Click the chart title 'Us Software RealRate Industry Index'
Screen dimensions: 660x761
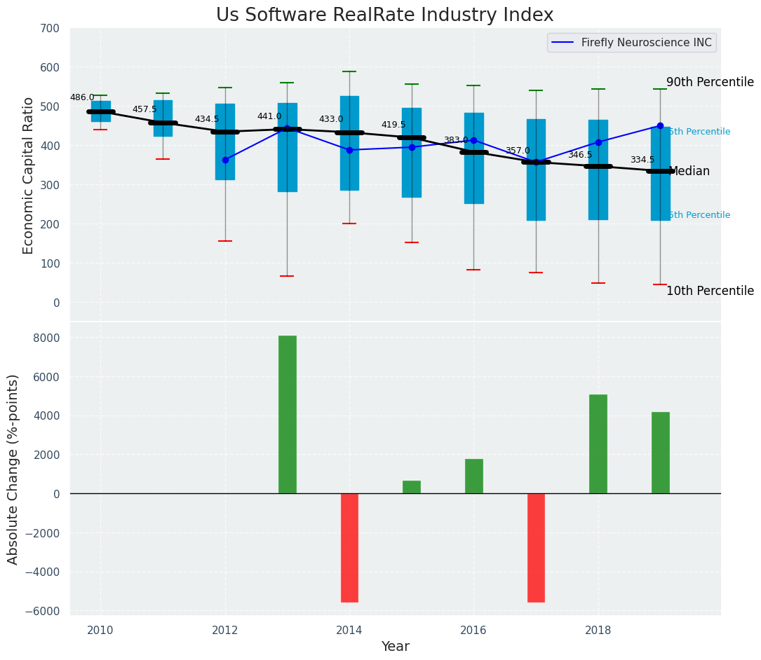point(384,15)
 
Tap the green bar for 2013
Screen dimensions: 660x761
point(287,414)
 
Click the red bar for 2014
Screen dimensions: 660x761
point(349,547)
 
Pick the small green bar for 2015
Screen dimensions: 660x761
point(412,487)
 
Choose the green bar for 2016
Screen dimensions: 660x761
point(473,476)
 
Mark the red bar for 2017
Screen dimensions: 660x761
point(536,547)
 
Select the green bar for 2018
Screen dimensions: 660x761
point(598,444)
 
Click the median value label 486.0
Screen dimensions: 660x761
point(82,97)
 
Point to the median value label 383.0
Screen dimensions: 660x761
point(456,140)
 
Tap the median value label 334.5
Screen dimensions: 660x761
point(642,160)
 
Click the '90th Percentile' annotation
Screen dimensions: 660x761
point(710,82)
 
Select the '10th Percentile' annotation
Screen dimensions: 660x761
point(710,291)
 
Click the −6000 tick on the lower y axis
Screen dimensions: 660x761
point(43,611)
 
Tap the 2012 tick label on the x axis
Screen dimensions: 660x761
point(225,630)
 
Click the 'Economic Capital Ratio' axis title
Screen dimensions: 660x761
point(28,175)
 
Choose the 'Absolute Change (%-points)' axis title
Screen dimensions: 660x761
point(13,469)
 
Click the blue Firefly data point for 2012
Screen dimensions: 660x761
point(225,160)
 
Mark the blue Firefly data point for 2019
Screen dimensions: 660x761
point(660,126)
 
